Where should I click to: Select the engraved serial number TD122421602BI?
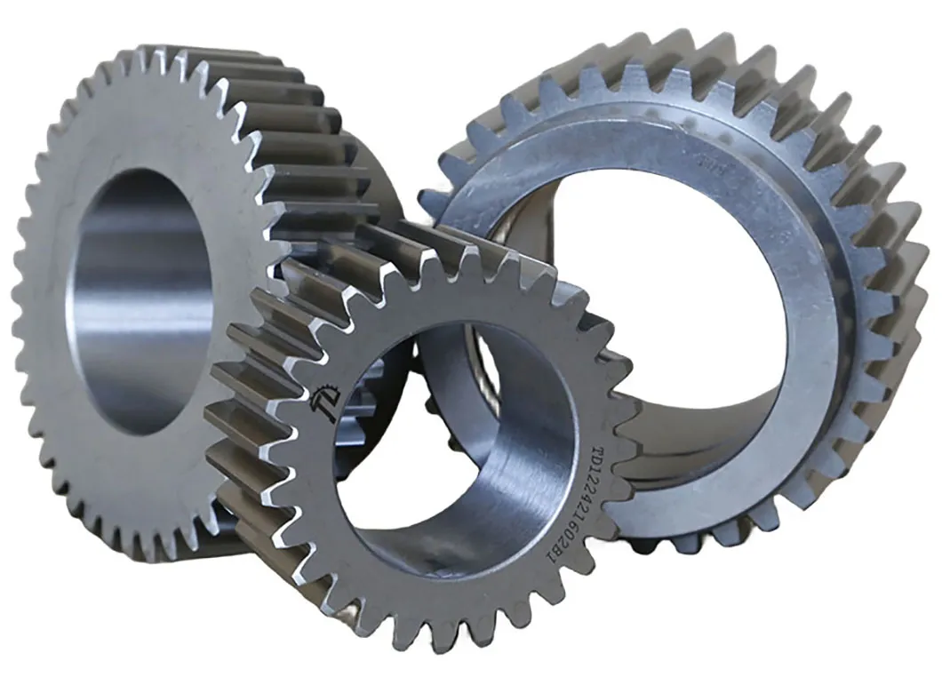coord(589,504)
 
